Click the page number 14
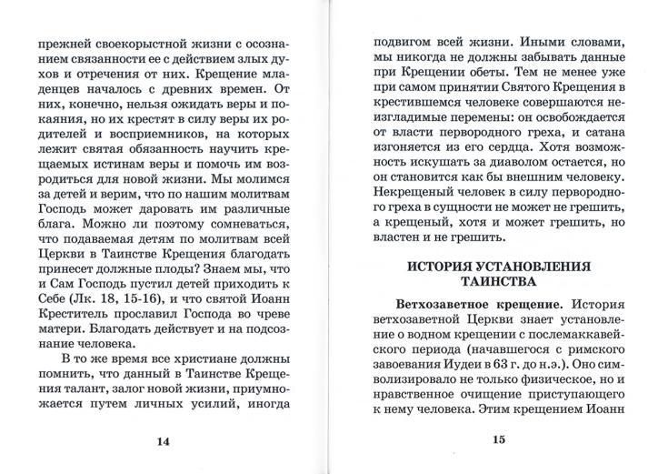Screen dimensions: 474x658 (164, 442)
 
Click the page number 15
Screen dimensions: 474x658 (497, 441)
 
